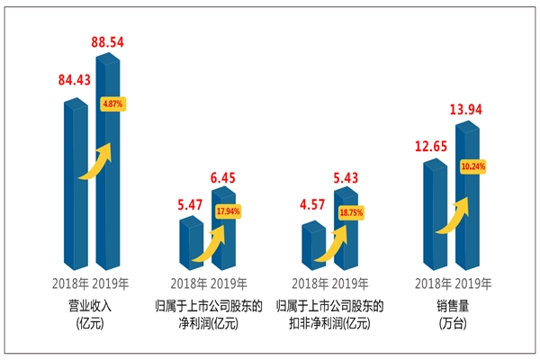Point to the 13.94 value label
(x=468, y=110)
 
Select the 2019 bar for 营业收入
(x=107, y=180)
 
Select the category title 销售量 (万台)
(x=453, y=313)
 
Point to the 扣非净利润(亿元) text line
(x=330, y=322)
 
